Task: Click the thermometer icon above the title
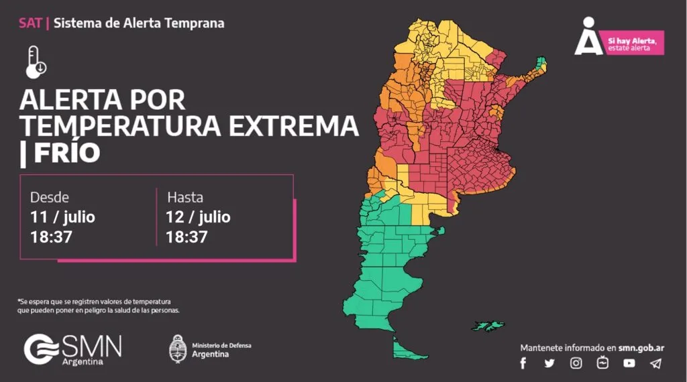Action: point(36,62)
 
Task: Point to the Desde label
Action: point(49,198)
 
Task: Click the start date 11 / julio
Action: point(62,217)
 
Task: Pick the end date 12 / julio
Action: point(198,217)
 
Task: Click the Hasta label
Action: point(185,198)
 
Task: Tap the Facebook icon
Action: point(523,363)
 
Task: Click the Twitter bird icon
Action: point(549,363)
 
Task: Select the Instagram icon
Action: point(576,363)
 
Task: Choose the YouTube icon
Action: point(629,363)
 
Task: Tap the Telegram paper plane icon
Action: point(655,363)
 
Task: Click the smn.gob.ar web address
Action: point(641,348)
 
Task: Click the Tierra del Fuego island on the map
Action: point(404,350)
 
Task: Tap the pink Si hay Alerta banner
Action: point(632,44)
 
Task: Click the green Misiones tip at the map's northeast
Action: point(541,65)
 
